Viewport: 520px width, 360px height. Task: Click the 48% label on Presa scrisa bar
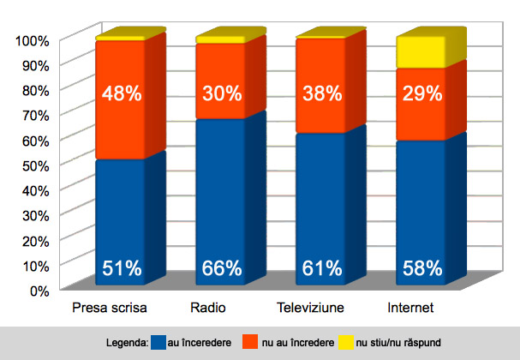coord(120,93)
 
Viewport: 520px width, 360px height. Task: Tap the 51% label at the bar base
coord(120,268)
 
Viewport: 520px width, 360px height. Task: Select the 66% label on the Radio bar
coord(221,268)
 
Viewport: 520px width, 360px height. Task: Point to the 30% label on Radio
coord(221,93)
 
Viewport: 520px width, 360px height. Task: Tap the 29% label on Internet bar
coord(421,93)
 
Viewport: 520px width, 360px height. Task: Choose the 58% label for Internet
coord(421,268)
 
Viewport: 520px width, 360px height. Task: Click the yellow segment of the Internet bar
coord(421,52)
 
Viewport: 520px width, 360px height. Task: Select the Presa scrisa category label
coord(110,307)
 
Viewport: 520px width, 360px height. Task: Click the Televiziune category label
coord(310,307)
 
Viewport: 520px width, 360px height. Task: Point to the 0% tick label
coord(40,290)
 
